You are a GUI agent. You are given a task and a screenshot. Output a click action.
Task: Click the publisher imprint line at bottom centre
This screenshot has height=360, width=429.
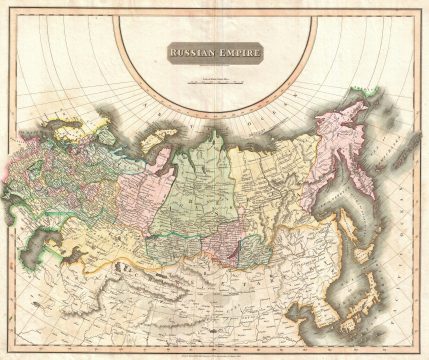pyautogui.click(x=214, y=351)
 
